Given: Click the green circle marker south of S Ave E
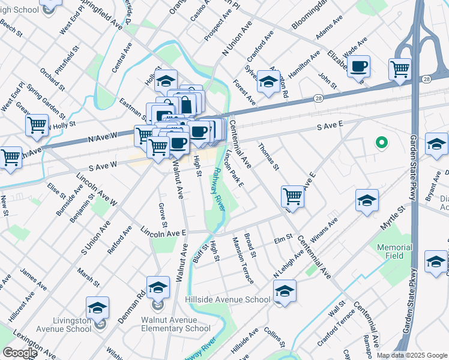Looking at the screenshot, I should point(381,143).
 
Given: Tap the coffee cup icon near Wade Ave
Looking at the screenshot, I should point(359,66).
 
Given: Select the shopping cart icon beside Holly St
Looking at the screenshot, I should point(37,125).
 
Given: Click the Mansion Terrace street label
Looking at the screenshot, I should point(243,259).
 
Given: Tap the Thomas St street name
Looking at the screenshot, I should point(268,157).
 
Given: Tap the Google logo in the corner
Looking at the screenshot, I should point(20,353).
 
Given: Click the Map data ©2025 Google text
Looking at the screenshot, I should point(411,355).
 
